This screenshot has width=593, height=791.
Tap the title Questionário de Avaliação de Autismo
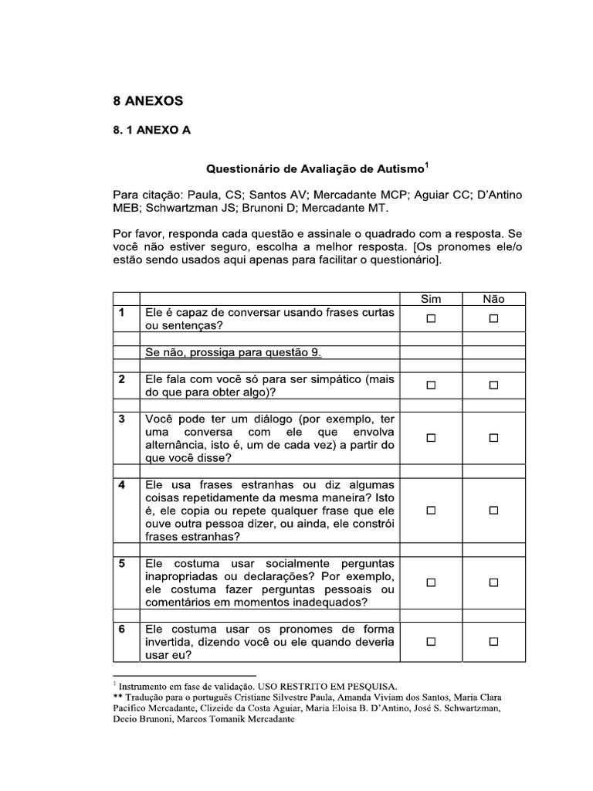coord(313,168)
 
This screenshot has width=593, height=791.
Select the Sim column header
coord(431,299)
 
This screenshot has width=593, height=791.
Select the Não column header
coord(493,299)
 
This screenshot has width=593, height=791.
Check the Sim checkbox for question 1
coord(431,318)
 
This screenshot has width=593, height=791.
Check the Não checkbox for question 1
coord(493,318)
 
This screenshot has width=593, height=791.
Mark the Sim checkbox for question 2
coord(431,385)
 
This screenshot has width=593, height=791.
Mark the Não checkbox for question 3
coord(493,438)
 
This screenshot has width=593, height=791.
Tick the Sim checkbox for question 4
coord(431,511)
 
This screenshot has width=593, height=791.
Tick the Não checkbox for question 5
coord(493,582)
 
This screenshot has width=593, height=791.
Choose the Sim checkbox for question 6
coord(431,642)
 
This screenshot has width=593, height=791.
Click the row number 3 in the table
coord(122,419)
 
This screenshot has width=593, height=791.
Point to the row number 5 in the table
coord(122,563)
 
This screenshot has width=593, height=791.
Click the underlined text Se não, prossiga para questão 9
coord(233,352)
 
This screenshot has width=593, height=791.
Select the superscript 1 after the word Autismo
coord(427,164)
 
